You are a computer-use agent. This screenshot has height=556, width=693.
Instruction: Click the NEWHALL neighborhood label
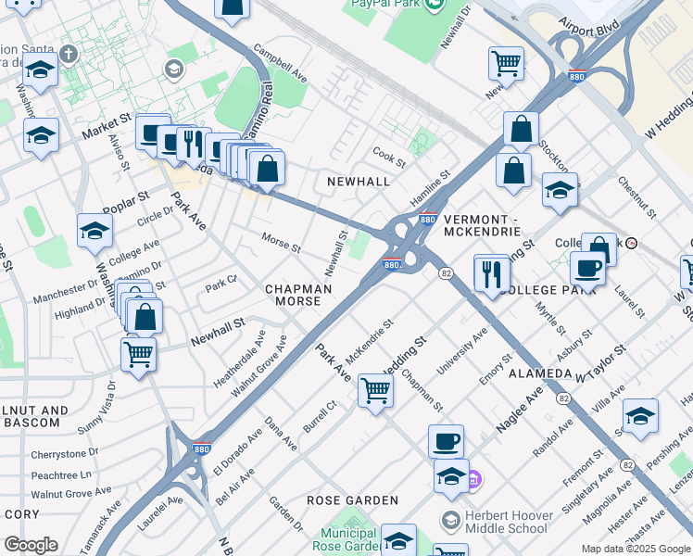[359, 182]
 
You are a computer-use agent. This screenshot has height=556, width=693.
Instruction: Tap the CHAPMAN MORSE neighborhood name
[298, 296]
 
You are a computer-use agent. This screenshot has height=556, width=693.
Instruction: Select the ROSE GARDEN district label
[353, 500]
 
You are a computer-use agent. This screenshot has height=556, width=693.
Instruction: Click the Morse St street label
[281, 244]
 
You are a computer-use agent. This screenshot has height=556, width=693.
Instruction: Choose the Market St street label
[106, 126]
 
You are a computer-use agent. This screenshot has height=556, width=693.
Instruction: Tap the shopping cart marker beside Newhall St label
[138, 353]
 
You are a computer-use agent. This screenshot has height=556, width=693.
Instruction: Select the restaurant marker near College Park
[492, 272]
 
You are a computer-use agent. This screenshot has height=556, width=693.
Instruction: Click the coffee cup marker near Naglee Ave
[446, 441]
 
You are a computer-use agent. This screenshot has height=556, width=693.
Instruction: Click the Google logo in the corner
[30, 545]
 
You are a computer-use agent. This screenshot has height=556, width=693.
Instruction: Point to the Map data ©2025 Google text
[636, 549]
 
